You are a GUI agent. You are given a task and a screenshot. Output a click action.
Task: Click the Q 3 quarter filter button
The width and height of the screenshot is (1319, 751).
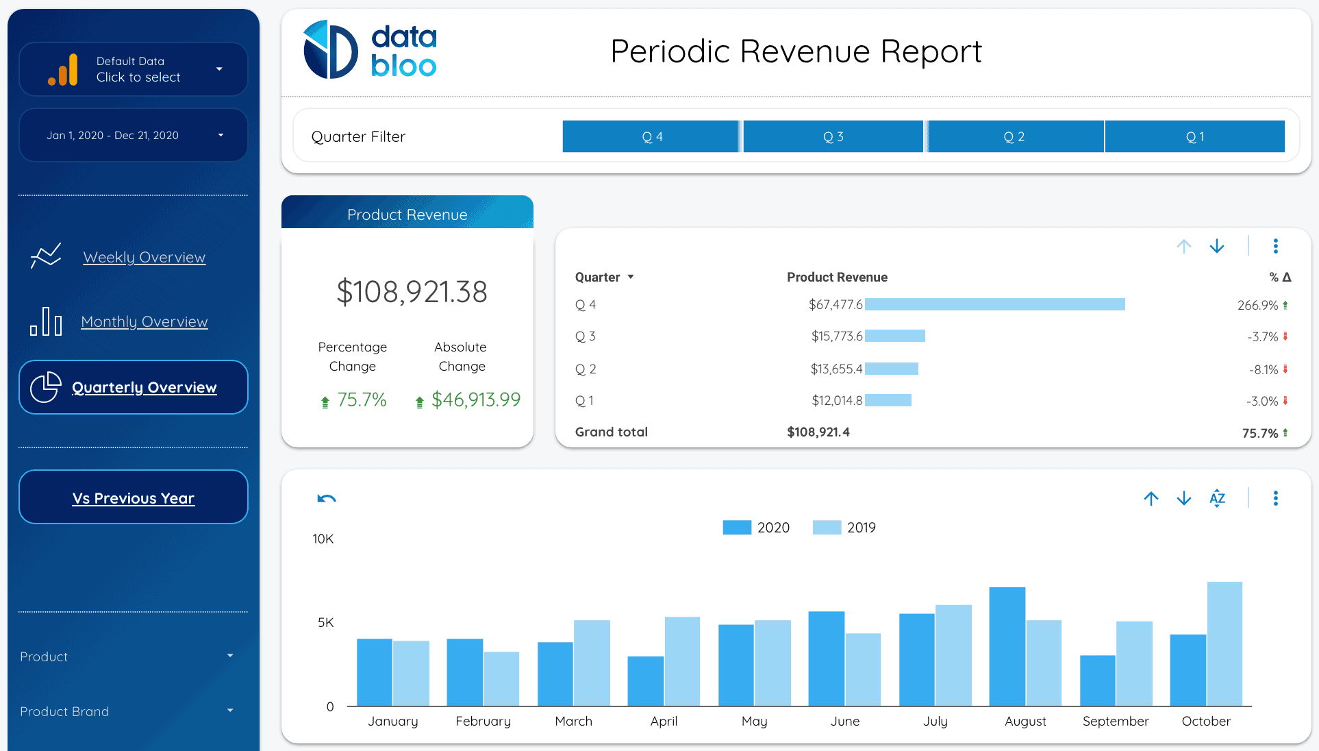833,136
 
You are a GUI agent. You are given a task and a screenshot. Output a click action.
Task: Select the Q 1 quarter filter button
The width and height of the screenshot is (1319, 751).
1194,136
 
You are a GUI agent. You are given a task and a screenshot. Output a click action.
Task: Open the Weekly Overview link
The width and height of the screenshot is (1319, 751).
144,257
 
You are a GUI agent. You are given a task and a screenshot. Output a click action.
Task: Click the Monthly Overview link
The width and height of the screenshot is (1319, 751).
144,321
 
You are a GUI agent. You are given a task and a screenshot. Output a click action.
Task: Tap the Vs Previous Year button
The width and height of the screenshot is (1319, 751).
134,497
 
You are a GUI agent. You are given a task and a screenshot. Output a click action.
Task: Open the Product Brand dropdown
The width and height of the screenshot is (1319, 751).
127,711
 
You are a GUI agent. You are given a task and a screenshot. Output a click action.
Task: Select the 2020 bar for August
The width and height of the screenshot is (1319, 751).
1007,646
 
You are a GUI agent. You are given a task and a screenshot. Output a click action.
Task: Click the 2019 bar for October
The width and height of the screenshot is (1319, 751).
1224,643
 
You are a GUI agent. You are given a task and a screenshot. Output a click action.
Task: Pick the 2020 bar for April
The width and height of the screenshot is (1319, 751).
645,680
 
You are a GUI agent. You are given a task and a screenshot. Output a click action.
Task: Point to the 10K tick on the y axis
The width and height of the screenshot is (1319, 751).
323,539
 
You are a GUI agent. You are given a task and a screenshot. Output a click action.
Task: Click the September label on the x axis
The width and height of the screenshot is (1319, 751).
1116,721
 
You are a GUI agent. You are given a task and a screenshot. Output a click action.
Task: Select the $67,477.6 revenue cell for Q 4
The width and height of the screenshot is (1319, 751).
836,304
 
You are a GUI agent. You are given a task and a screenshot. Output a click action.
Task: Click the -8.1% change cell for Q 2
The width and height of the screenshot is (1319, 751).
1264,369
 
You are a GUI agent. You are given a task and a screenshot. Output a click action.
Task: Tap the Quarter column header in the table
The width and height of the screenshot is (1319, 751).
598,277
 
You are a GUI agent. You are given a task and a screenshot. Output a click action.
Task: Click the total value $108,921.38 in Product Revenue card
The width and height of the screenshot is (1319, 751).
412,292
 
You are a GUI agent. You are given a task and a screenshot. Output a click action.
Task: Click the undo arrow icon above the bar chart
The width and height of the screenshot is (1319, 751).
327,498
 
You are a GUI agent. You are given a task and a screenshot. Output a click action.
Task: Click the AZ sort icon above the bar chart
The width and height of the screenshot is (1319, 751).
1217,498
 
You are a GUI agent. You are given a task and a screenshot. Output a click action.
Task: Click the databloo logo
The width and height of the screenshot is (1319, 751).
370,50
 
